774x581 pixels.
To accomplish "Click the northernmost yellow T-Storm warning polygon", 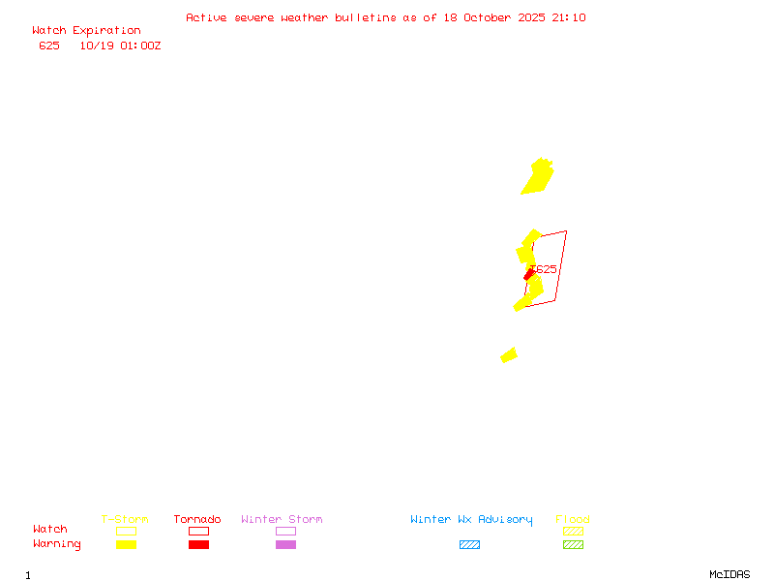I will click(538, 177).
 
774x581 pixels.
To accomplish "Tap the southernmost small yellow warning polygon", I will click(509, 355).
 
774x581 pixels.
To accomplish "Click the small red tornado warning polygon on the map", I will click(529, 276).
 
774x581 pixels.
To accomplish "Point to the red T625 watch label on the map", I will click(546, 269).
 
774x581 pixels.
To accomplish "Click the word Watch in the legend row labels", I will click(50, 530).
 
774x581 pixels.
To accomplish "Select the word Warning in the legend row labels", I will click(57, 544).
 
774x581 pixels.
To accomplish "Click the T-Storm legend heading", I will click(125, 519).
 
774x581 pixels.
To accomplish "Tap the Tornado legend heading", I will click(197, 519).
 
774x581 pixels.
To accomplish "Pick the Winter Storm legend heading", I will click(282, 519).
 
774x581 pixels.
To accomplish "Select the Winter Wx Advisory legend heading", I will click(471, 519).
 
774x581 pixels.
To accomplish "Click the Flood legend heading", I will click(573, 519).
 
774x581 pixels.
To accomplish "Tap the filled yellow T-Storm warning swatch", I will click(126, 544).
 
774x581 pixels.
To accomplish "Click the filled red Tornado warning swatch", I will click(198, 544).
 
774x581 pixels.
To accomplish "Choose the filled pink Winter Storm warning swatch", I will click(285, 544).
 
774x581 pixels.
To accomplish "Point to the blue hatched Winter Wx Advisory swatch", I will click(469, 544).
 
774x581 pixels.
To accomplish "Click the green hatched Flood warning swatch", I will click(573, 544).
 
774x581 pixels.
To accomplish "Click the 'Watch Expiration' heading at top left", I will click(86, 30).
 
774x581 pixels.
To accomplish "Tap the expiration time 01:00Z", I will click(140, 46).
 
